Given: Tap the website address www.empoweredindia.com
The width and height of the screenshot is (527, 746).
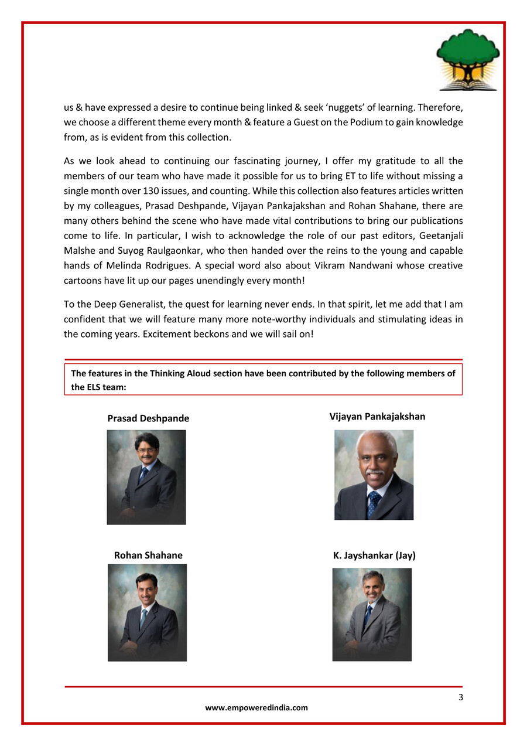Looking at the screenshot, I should (x=256, y=707).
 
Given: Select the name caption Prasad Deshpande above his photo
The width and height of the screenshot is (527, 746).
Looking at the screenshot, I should (x=148, y=418).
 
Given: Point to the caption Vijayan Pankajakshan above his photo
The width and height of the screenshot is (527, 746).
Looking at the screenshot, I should (x=377, y=417).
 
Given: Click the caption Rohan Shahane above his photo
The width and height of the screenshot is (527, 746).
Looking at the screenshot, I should (x=148, y=555).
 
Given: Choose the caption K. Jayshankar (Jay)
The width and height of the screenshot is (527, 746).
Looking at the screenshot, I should (x=374, y=555).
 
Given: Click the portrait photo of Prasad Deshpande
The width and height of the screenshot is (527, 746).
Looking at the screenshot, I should (x=146, y=477).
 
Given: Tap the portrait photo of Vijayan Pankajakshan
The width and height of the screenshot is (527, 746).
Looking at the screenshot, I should (x=374, y=475).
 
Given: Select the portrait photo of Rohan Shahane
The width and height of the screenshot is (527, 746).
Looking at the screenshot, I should (x=147, y=612).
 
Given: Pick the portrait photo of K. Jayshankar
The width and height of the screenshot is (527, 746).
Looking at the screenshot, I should (x=372, y=614).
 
